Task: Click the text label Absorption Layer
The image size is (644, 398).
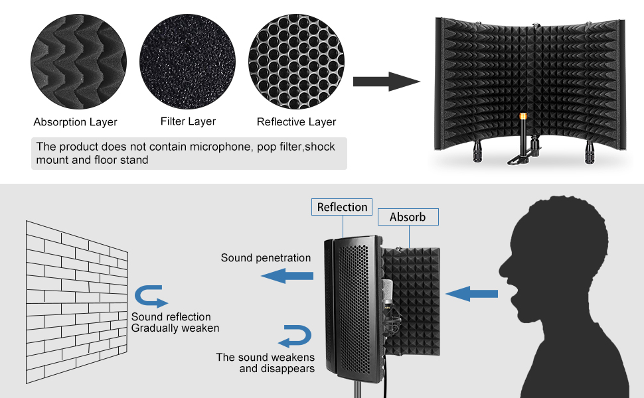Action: point(75,122)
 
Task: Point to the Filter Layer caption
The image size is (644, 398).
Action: point(188,121)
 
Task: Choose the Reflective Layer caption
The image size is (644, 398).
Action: point(296,122)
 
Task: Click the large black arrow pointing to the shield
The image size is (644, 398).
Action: point(385,82)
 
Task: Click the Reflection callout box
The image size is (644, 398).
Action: point(342,207)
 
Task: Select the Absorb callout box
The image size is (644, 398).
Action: point(408,217)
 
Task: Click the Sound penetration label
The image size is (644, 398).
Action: point(266,257)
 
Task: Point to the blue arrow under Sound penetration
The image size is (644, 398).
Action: point(286,275)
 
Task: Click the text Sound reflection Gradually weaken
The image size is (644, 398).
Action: point(175,322)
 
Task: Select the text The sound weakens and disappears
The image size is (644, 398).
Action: point(265,363)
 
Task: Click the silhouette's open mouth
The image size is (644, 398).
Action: point(513,290)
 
